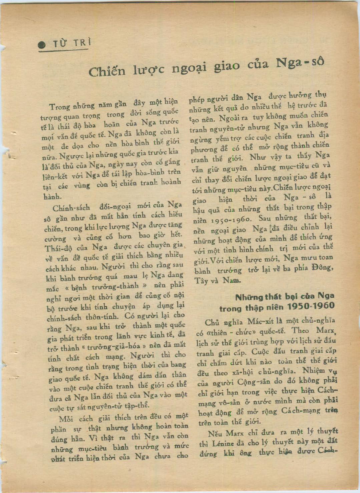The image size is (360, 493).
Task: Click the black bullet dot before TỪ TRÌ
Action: pos(42,45)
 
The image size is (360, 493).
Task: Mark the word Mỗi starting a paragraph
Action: pos(67,419)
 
